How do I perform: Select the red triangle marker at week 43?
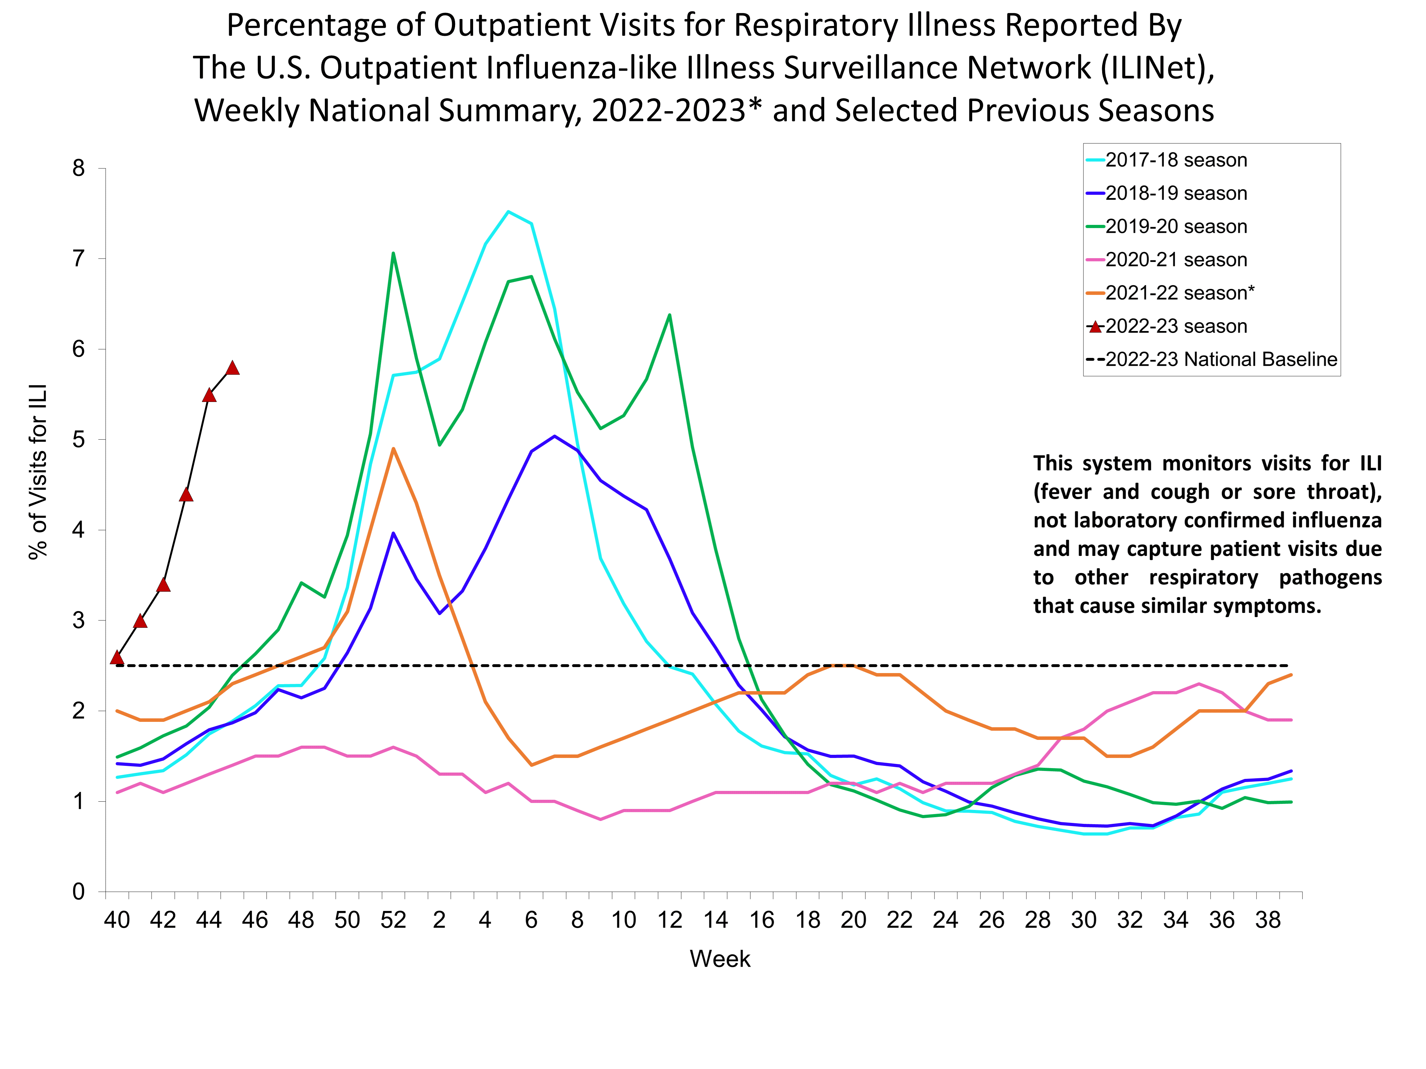pos(186,494)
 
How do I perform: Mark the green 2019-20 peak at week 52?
pos(393,253)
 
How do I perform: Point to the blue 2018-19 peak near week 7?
pos(555,436)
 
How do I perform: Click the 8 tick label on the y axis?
pos(79,169)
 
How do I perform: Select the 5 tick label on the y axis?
pos(79,440)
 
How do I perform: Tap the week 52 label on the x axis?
pos(393,919)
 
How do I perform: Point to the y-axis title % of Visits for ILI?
pos(39,472)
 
